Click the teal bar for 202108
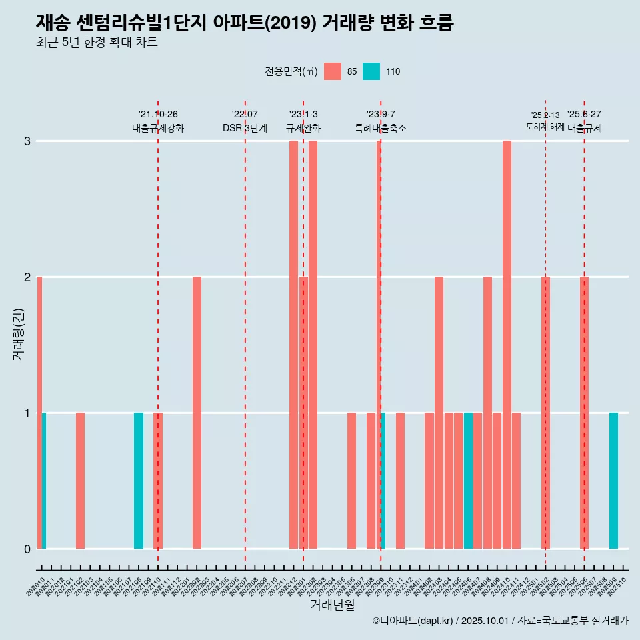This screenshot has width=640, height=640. tap(139, 481)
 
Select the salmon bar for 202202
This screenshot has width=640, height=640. tap(197, 413)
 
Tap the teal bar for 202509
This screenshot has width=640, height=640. tap(613, 481)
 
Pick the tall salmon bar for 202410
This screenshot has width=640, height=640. tap(507, 345)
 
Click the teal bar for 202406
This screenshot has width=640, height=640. tap(468, 481)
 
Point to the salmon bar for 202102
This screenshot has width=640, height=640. tap(80, 481)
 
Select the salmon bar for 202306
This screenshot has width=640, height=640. tap(351, 481)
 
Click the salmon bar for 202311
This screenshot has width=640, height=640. tap(400, 481)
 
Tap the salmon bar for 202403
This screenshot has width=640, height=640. tap(439, 413)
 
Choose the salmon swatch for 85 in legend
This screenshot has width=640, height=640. tap(333, 71)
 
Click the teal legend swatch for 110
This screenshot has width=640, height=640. tap(371, 71)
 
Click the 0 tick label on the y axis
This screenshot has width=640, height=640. tap(27, 549)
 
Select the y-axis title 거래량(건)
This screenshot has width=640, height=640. tap(19, 333)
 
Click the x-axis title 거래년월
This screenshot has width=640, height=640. tap(332, 605)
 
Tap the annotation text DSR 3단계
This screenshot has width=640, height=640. tap(245, 128)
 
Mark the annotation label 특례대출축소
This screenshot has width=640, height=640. tap(380, 128)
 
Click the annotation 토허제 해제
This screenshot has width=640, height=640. tap(545, 127)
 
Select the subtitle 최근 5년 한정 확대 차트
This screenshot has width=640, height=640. tap(97, 43)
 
